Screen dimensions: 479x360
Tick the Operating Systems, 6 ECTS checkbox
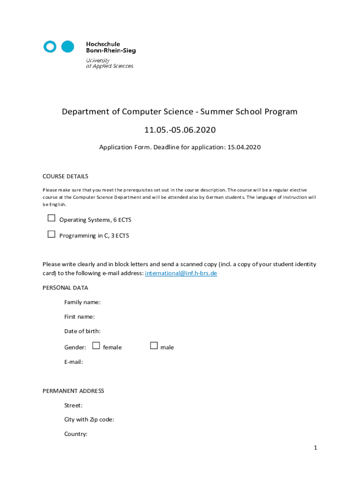(x=51, y=218)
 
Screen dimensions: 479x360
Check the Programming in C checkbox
(x=51, y=234)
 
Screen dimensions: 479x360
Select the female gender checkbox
(x=96, y=346)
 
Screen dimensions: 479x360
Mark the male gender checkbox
(x=154, y=346)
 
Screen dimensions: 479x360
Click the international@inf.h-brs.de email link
(x=181, y=273)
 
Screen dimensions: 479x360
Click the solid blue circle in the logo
(x=68, y=46)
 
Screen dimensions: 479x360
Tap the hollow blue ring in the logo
(x=50, y=46)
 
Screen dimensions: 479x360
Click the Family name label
(x=82, y=302)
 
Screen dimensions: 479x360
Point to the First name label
(x=79, y=317)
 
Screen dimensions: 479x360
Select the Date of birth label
(x=82, y=331)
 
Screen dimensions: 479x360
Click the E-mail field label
(x=73, y=362)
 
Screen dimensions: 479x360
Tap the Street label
(x=73, y=405)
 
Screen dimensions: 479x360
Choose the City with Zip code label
(x=89, y=420)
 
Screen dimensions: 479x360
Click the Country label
(x=76, y=434)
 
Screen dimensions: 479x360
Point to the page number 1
(x=316, y=448)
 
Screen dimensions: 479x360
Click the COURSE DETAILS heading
(x=65, y=176)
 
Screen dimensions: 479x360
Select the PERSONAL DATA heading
(x=65, y=288)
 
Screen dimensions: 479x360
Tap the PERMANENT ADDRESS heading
(x=73, y=391)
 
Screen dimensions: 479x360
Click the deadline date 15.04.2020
(x=244, y=147)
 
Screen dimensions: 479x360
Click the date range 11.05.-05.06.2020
(x=180, y=130)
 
